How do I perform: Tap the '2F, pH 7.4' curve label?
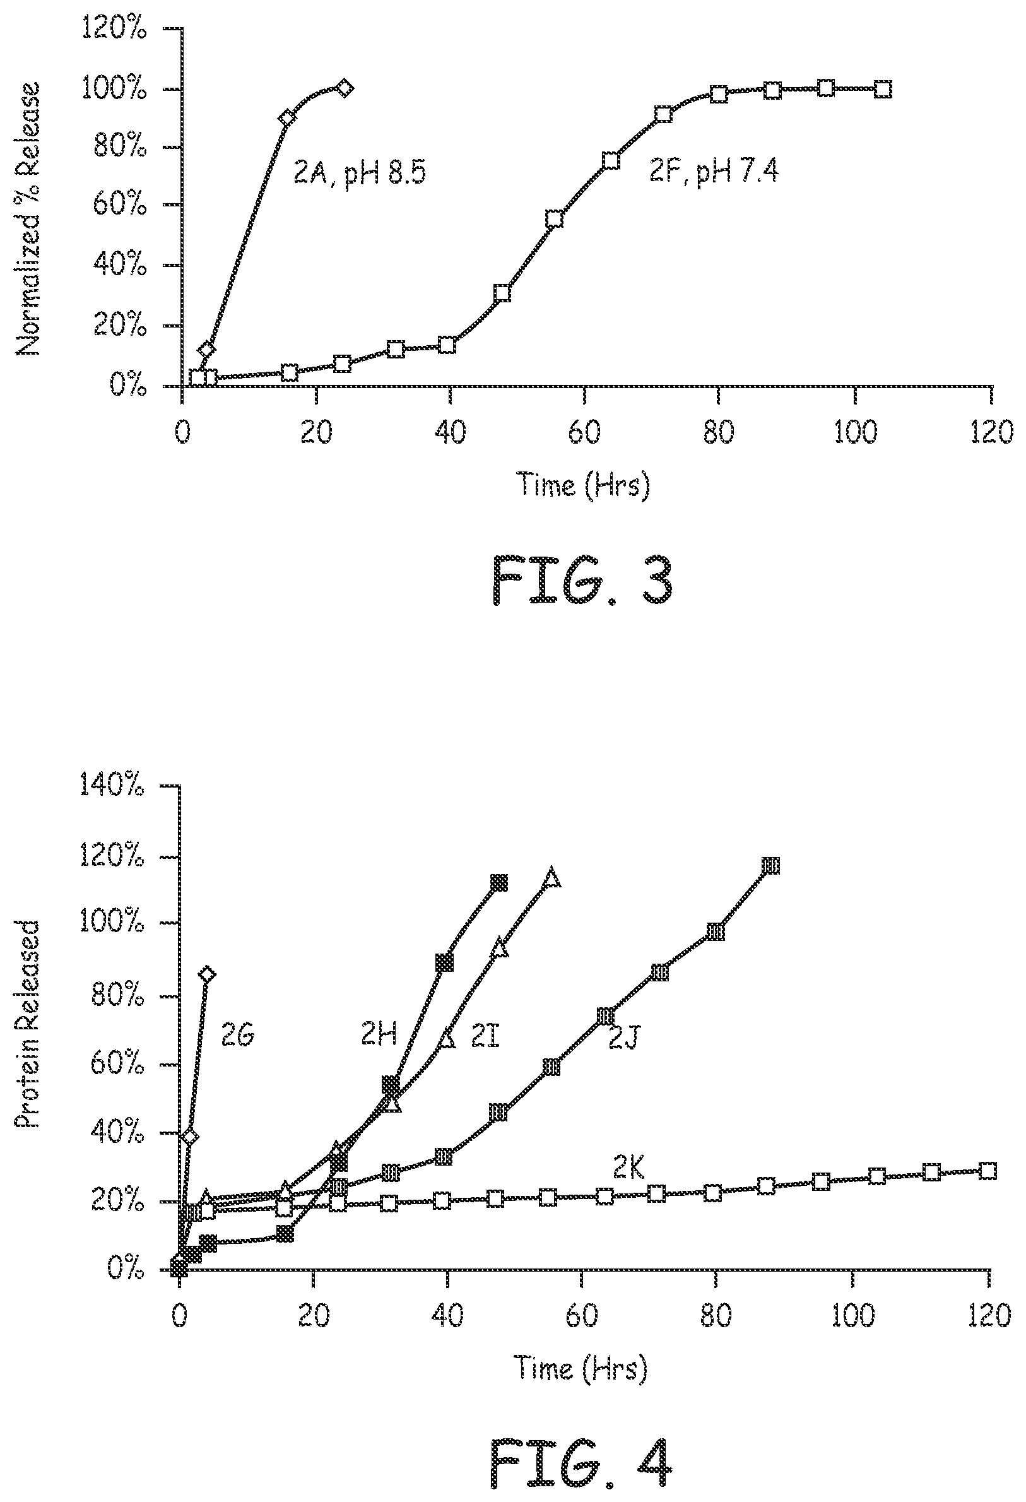[713, 172]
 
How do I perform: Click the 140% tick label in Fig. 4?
[111, 786]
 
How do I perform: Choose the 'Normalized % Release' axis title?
[29, 219]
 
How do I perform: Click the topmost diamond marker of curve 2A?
[345, 88]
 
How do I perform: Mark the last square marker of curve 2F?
[883, 89]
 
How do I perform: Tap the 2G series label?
[238, 1036]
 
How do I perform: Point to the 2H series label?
[379, 1036]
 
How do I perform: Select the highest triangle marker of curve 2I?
[551, 878]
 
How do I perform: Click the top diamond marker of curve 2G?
[206, 974]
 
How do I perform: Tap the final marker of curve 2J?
[770, 866]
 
